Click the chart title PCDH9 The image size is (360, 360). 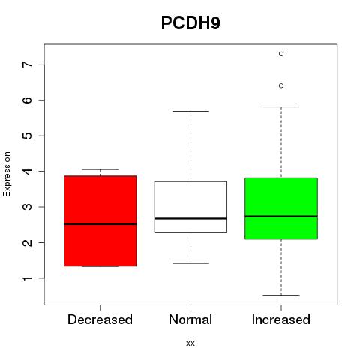point(190,23)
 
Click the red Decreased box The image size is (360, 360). point(100,221)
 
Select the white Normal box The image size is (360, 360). point(190,207)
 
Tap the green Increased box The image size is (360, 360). point(281,208)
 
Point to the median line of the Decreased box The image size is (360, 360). point(100,224)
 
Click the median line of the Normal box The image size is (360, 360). point(190,218)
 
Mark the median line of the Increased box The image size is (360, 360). point(281,217)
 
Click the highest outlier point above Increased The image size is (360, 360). point(281,54)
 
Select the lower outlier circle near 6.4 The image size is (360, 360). point(281,85)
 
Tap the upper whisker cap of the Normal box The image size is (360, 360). point(190,111)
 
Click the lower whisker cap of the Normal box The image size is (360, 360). point(190,263)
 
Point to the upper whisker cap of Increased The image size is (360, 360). point(281,106)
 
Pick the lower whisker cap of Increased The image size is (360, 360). point(281,295)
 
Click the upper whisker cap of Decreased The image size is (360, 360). point(100,169)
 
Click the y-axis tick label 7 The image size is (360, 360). point(28,64)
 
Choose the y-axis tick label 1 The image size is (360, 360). point(28,278)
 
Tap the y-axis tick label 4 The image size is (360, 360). point(28,171)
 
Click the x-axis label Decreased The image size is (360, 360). point(100,319)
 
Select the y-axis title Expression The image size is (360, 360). point(7,174)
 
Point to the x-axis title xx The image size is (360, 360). point(190,343)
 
